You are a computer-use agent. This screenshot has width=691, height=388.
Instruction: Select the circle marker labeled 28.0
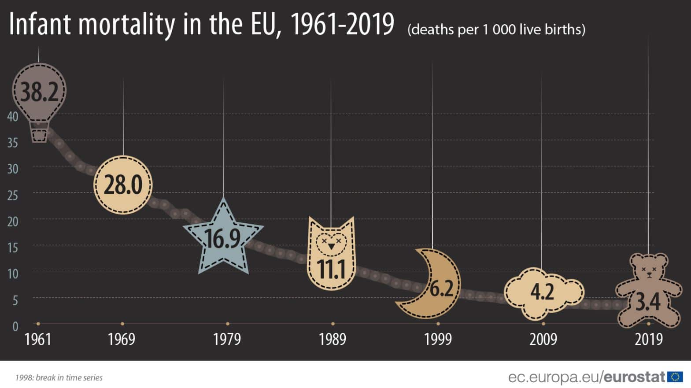[123, 185]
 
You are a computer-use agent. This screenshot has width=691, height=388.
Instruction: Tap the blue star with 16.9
[223, 239]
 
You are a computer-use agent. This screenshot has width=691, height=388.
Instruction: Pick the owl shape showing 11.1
[331, 255]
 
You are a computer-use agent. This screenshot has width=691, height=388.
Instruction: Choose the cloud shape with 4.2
[543, 292]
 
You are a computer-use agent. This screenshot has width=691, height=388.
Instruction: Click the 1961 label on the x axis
[38, 340]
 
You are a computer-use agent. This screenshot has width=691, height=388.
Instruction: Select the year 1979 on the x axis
[227, 340]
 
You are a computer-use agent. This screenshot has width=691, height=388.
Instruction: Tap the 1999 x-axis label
[438, 340]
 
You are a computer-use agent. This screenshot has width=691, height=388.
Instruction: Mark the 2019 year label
[648, 340]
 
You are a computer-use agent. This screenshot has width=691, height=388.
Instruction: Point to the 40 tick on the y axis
[13, 117]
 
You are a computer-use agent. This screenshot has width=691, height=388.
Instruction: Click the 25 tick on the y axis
[13, 195]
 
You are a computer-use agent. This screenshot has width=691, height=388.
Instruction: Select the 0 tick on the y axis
[15, 326]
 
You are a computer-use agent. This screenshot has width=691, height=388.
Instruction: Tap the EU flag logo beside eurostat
[675, 377]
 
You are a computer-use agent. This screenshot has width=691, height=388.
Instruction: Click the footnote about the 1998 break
[59, 378]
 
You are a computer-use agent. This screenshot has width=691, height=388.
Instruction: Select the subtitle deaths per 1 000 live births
[496, 30]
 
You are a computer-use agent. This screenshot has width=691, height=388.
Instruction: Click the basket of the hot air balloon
[39, 134]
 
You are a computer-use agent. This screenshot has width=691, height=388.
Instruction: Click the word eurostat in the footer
[634, 377]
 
